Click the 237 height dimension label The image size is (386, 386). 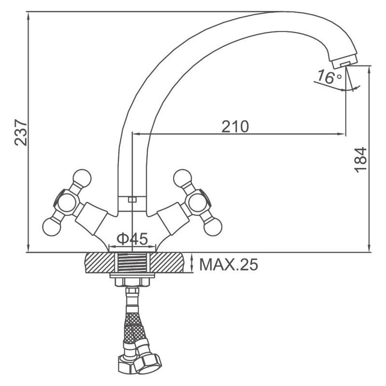click(21, 132)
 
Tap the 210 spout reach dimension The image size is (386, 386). click(235, 126)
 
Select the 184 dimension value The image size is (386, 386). click(360, 160)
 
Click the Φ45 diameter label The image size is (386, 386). click(132, 238)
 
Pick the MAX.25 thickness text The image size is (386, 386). click(229, 265)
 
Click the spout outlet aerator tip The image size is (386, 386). click(345, 63)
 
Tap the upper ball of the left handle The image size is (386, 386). click(82, 178)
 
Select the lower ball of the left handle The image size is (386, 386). click(52, 227)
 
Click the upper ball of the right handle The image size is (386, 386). click(182, 178)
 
